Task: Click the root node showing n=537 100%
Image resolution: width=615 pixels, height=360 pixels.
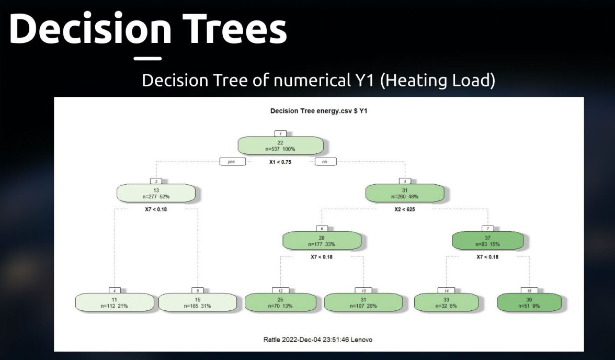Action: [x=280, y=145]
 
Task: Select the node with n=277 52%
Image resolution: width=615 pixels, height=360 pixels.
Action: [x=156, y=193]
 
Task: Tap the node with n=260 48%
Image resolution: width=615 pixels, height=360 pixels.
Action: [x=405, y=193]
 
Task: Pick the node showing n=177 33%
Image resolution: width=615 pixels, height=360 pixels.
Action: [x=322, y=241]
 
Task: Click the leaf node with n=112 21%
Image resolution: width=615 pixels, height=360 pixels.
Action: [x=115, y=302]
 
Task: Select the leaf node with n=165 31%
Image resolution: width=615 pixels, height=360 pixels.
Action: [x=198, y=302]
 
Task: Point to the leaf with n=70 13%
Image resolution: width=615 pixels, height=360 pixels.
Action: [x=280, y=302]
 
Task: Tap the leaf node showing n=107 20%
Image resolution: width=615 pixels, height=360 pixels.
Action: [x=363, y=302]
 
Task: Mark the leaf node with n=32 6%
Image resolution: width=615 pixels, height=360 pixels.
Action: [x=446, y=302]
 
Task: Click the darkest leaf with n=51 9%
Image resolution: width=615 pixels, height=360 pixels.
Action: [x=529, y=302]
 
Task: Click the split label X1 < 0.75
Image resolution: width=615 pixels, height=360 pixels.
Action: [x=280, y=162]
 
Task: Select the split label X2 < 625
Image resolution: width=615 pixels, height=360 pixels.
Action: [x=405, y=209]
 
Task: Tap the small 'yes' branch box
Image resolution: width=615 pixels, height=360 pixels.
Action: [x=231, y=162]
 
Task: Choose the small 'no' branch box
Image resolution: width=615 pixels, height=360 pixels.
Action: [x=325, y=162]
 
